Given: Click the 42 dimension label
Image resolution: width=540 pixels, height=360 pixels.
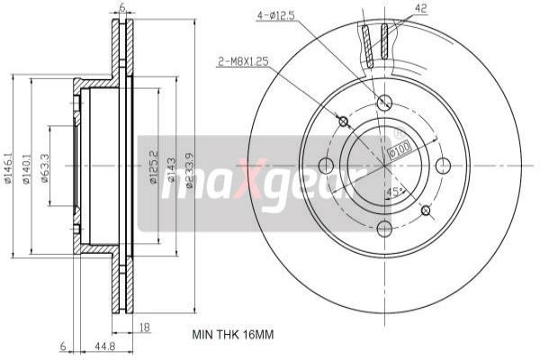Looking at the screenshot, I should [395, 8].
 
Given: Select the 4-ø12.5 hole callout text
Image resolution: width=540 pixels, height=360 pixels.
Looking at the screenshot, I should [276, 15].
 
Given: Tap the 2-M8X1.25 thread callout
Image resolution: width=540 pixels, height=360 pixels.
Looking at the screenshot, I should [243, 61].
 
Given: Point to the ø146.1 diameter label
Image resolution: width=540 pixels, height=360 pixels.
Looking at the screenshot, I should [8, 167].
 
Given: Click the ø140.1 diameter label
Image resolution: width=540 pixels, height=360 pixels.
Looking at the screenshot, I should [28, 167].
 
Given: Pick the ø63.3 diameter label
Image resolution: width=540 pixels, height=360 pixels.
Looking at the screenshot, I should [45, 167].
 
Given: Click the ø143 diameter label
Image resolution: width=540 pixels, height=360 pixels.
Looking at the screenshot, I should [172, 167].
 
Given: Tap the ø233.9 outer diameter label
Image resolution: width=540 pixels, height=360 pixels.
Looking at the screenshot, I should [190, 167].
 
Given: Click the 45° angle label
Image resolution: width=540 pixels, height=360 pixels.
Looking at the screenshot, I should [394, 192].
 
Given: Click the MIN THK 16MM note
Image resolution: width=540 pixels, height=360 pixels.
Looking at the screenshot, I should [232, 334].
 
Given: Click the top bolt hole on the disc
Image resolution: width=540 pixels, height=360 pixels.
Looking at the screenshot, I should [384, 102].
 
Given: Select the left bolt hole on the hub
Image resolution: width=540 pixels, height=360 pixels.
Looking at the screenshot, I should [326, 166].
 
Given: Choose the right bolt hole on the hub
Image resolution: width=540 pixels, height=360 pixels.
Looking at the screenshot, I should [443, 166].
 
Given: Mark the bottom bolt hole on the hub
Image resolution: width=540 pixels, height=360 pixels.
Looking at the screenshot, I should [384, 228].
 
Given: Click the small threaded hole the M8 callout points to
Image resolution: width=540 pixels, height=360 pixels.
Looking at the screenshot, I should [343, 121].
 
